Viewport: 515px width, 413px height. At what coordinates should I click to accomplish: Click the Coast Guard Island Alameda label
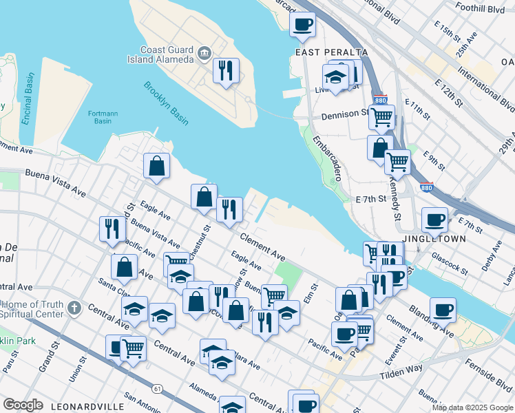pyautogui.click(x=166, y=54)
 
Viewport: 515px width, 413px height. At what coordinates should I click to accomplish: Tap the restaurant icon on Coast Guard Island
pyautogui.click(x=226, y=70)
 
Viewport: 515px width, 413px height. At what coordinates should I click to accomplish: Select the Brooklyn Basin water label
pyautogui.click(x=165, y=103)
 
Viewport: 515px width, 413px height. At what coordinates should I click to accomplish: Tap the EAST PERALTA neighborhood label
pyautogui.click(x=331, y=52)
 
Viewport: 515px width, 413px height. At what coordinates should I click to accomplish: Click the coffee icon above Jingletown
pyautogui.click(x=434, y=220)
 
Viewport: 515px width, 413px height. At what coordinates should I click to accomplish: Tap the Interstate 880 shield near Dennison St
pyautogui.click(x=379, y=100)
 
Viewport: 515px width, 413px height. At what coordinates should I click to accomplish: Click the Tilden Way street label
pyautogui.click(x=402, y=370)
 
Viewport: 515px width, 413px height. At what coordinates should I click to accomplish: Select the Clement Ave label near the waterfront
pyautogui.click(x=262, y=246)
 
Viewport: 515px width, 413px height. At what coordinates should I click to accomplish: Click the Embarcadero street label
pyautogui.click(x=327, y=158)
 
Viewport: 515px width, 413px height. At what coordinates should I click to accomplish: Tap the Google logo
pyautogui.click(x=23, y=405)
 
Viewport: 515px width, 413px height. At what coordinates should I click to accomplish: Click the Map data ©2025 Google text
pyautogui.click(x=472, y=407)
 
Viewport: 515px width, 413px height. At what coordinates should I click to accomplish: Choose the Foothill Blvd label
pyautogui.click(x=479, y=9)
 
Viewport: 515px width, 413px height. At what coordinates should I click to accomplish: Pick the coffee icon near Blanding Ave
pyautogui.click(x=443, y=310)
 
